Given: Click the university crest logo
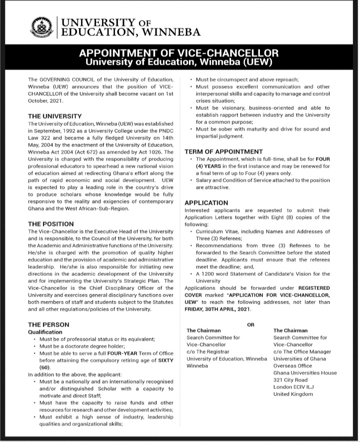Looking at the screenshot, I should point(41,28).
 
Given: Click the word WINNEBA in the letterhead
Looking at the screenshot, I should point(171,33).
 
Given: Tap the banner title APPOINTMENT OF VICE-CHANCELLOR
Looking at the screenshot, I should point(178,54).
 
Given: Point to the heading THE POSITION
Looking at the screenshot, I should point(51,224).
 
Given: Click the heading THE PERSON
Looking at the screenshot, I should point(48,324).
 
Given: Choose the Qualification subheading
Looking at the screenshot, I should point(45,332).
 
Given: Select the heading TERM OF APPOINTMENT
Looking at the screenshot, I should point(223,151).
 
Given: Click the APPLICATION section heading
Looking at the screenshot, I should point(206,203).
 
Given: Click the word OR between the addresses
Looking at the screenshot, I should point(250,324).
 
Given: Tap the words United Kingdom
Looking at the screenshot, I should point(293,394).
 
